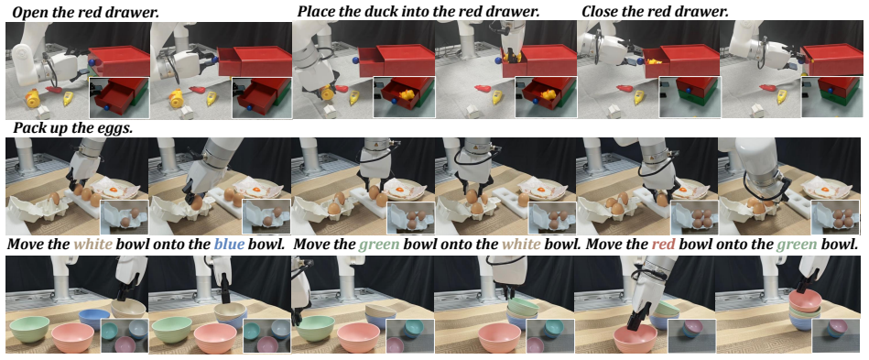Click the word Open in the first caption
point(27,11)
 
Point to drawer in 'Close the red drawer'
point(705,11)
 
